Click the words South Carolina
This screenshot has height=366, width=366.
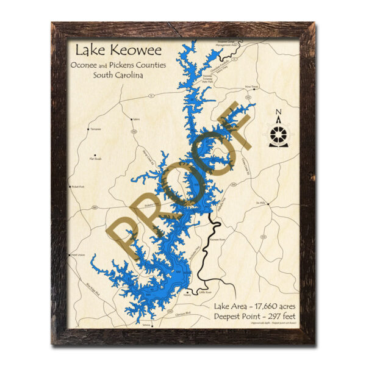coord(118,75)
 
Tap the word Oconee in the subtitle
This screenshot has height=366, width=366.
coord(85,64)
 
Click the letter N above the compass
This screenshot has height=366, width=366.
coord(278,112)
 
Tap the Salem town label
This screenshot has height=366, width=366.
coord(136,120)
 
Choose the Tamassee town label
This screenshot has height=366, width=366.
coord(95,129)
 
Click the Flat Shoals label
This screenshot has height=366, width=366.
coord(96,159)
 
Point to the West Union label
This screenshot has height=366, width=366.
coord(78,254)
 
